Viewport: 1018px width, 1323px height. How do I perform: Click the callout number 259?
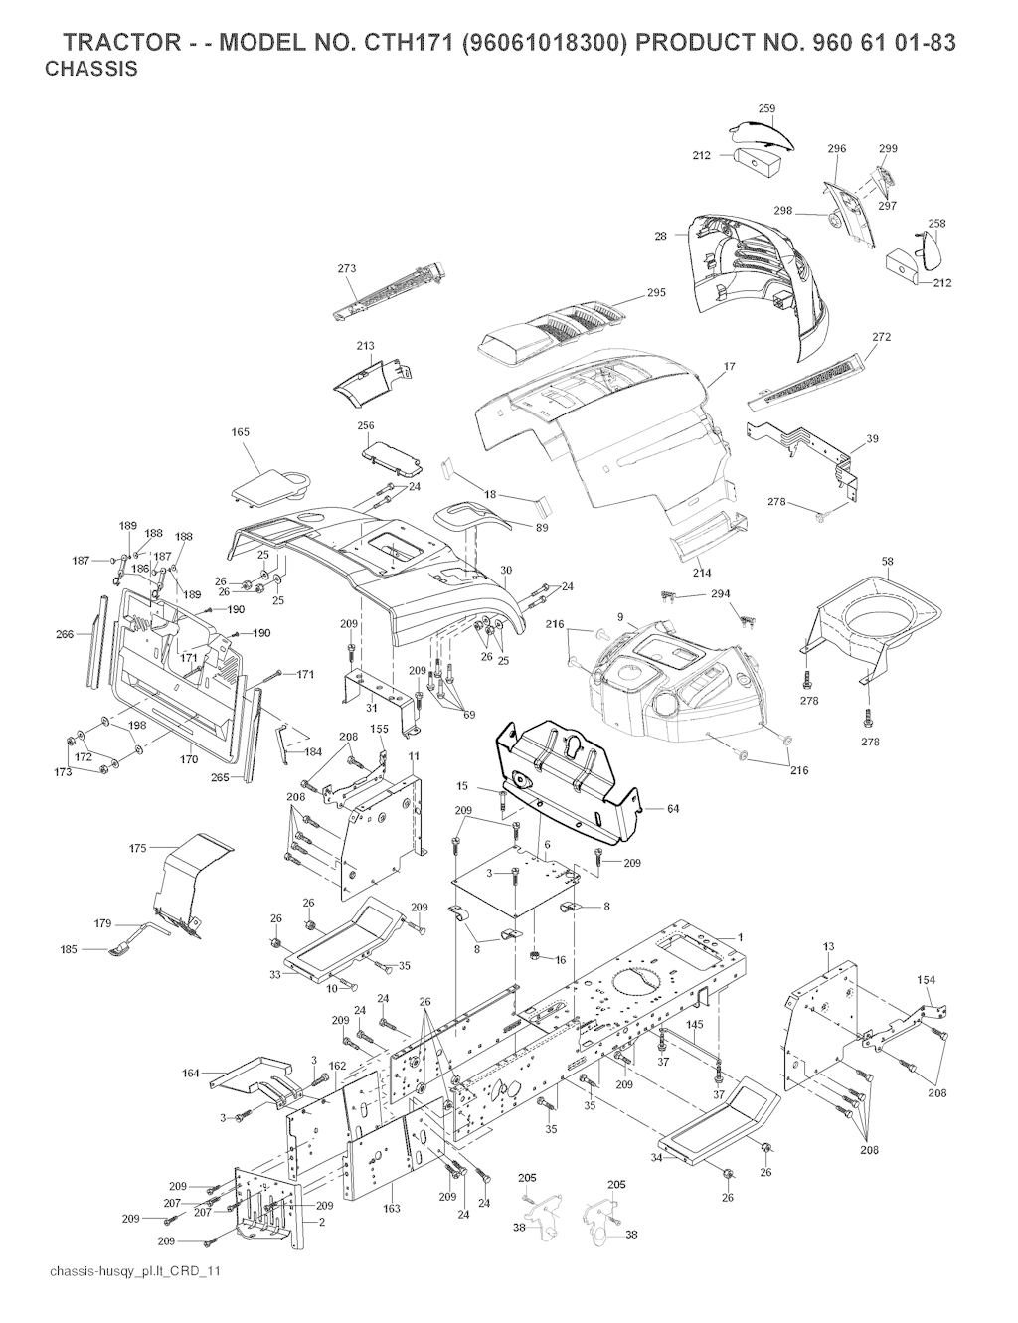(x=766, y=108)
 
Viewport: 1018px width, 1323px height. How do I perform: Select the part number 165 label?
(x=240, y=432)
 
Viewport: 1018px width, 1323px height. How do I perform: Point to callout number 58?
(x=887, y=562)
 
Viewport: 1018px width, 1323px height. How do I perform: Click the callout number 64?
(x=673, y=809)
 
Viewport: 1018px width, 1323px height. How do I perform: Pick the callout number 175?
(x=138, y=848)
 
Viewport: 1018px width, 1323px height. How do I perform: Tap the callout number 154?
(x=926, y=981)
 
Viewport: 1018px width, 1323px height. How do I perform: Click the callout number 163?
(x=392, y=1208)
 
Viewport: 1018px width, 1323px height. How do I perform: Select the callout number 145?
(x=695, y=1025)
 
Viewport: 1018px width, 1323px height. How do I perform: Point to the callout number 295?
(x=656, y=292)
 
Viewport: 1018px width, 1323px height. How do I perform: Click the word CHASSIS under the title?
(x=91, y=71)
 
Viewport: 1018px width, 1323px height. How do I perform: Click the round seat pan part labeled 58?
(x=875, y=621)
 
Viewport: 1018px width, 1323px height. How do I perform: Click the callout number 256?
(x=366, y=425)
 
